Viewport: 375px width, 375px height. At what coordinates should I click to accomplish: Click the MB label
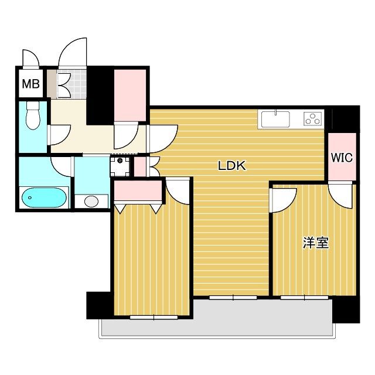coord(30,84)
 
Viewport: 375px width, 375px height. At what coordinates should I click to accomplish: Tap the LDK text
coord(232,165)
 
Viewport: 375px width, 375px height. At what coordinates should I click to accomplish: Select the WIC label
coord(342,158)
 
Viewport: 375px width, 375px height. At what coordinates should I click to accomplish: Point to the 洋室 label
coord(316,243)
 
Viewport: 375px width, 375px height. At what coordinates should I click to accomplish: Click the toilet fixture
coord(33,115)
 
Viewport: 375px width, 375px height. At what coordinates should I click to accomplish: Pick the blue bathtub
coord(44,197)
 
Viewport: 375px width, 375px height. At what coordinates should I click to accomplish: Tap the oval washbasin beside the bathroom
coord(91,202)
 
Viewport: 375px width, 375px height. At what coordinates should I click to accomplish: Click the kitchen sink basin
coord(275,119)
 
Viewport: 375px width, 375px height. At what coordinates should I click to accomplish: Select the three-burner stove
coord(313,119)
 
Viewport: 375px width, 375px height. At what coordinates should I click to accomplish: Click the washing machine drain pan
coord(120,166)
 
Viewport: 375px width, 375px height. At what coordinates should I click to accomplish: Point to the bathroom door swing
coord(62,166)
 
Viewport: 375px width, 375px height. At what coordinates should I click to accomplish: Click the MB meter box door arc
coord(30,58)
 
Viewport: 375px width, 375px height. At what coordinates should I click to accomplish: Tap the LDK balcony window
coord(233,298)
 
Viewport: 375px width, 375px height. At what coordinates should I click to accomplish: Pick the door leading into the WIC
coord(340,195)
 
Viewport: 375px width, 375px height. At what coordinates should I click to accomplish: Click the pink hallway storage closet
coord(130,95)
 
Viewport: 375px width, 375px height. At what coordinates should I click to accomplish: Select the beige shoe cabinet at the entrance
coord(52,84)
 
